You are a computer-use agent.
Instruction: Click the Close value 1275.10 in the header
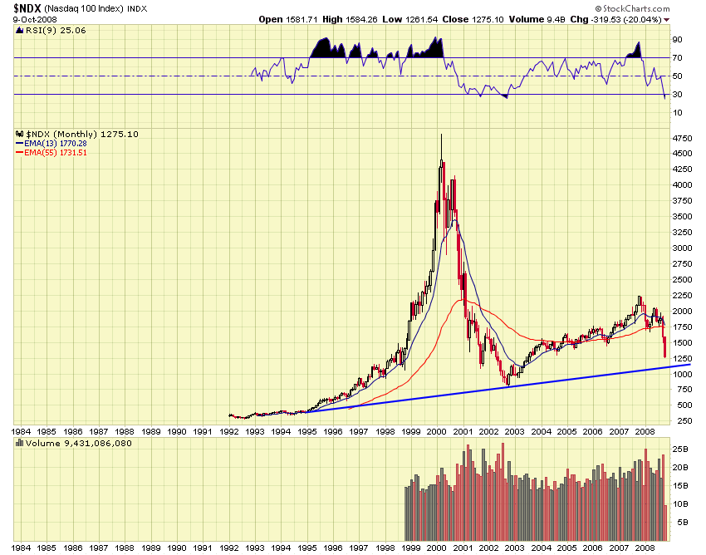coord(460,18)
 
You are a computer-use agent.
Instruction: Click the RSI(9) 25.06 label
coord(51,30)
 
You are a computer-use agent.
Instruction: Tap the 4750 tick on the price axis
coord(683,138)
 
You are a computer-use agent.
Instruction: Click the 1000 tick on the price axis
coord(683,374)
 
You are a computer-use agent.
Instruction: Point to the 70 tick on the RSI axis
coord(678,57)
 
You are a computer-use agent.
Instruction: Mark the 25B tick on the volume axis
coord(679,449)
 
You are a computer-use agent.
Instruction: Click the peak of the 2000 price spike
coord(440,135)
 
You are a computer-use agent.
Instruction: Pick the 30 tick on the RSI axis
coord(678,94)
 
